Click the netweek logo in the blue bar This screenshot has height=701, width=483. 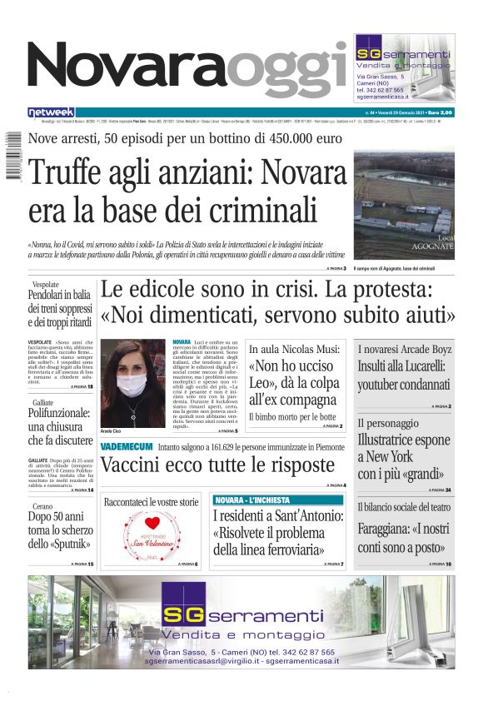[x=51, y=112]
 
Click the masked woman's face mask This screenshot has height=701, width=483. [x=132, y=385]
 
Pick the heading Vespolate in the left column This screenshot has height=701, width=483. [x=47, y=284]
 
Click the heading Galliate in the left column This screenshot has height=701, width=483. [x=44, y=425]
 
